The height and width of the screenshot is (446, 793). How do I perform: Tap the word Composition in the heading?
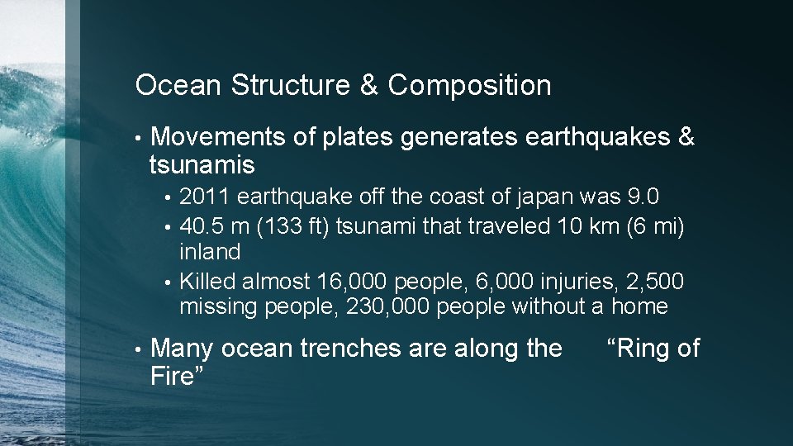pyautogui.click(x=468, y=85)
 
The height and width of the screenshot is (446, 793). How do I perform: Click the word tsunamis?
pyautogui.click(x=202, y=165)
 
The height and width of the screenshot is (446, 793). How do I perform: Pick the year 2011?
pyautogui.click(x=205, y=198)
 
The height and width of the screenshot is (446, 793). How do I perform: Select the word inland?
pyautogui.click(x=210, y=252)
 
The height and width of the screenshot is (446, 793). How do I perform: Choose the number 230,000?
pyautogui.click(x=391, y=306)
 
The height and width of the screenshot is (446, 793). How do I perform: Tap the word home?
pyautogui.click(x=639, y=306)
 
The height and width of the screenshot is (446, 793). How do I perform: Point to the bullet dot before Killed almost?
pyautogui.click(x=167, y=282)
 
